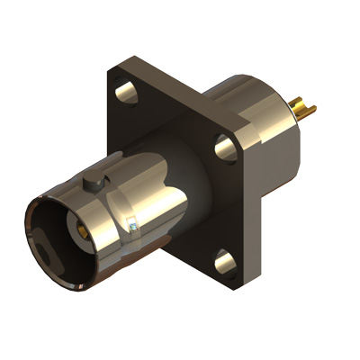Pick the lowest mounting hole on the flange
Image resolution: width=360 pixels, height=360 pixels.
[x=225, y=262]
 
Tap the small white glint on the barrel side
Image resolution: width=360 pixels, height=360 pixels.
[x=132, y=229]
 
